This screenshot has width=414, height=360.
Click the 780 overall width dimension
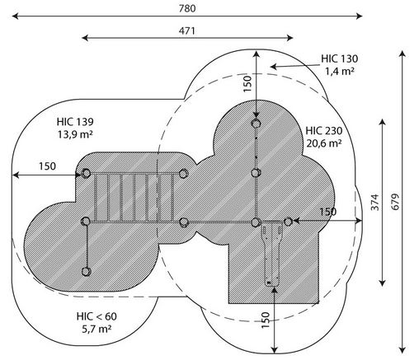coord(187,8)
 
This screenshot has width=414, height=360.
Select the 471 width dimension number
coord(187,30)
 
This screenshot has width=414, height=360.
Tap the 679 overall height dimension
coord(395,202)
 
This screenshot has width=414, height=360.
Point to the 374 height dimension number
coord(375,203)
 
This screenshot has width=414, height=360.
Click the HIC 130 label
coord(340,58)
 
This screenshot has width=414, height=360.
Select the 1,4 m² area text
coord(340,71)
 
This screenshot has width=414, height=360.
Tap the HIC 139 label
coord(75,122)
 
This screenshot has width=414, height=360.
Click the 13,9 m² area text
coord(75,134)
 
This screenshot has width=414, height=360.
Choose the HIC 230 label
coord(324,131)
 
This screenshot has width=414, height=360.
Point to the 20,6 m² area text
coord(324,143)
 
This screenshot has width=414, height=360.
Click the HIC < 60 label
coord(96,316)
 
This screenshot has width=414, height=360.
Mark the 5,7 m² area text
coord(96,329)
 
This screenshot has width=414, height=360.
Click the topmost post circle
coord(256,124)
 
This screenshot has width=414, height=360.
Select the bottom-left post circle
coord(86,272)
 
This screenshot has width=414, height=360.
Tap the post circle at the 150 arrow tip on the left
coord(86,174)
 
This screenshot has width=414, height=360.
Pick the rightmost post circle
coord(288,222)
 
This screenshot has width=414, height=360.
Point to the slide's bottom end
coord(272,285)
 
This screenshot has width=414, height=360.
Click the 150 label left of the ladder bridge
coord(47,166)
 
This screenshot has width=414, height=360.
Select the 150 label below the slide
coord(266,320)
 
